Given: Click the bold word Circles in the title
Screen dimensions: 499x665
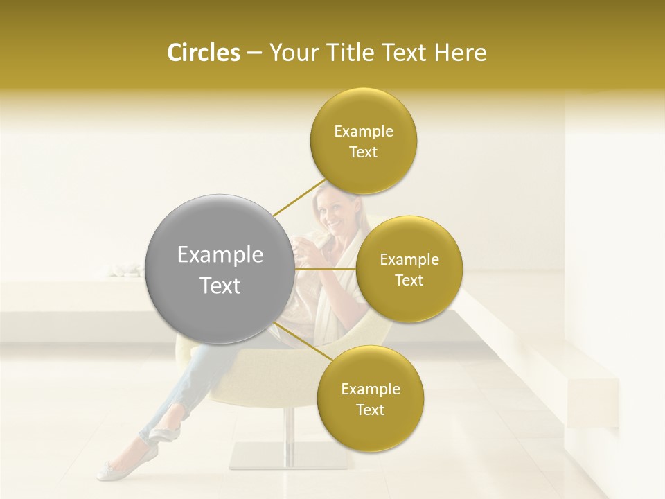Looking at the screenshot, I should [204, 52].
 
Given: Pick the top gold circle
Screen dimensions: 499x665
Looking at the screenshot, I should [363, 141].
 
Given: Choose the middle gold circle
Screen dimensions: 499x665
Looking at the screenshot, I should [409, 269].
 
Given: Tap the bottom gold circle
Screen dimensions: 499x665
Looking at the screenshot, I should [370, 399].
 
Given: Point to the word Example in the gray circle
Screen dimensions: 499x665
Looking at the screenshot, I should [220, 255].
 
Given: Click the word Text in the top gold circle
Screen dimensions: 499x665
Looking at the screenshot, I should [363, 152].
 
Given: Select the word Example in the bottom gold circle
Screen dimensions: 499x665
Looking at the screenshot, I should [370, 389].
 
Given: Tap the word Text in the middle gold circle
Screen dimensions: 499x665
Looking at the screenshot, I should [409, 280].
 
